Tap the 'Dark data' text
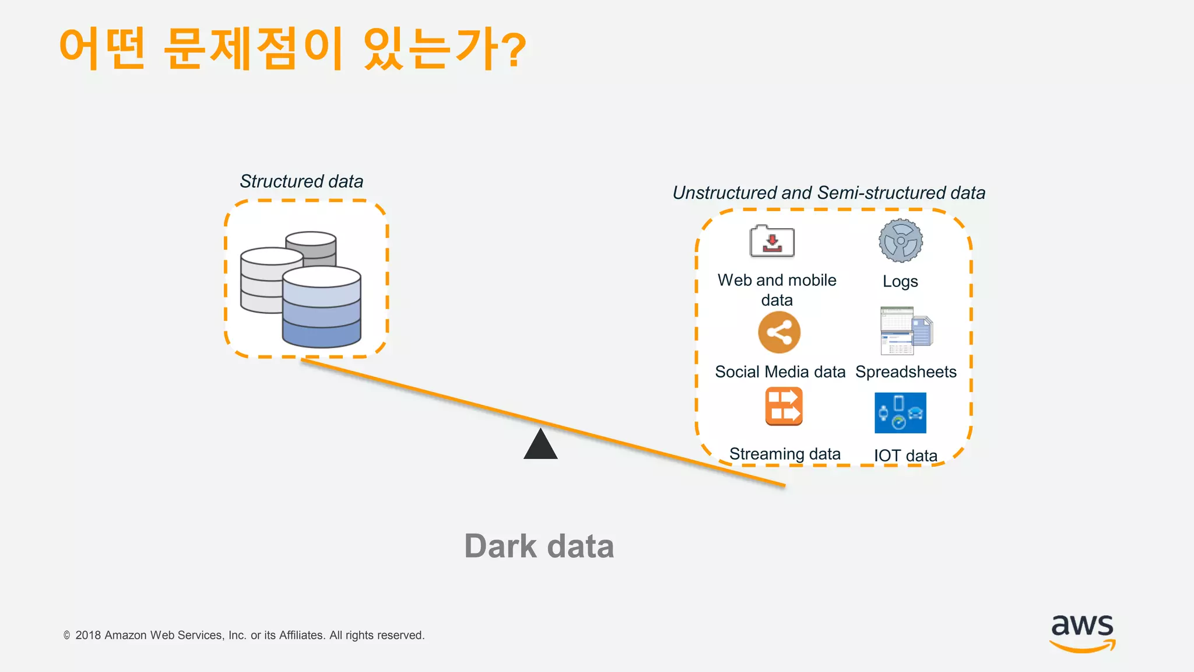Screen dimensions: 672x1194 (539, 547)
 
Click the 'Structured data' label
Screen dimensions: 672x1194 (301, 181)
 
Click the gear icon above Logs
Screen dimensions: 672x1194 (901, 241)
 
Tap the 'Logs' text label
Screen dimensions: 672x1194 (900, 281)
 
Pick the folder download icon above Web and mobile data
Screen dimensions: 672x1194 (772, 242)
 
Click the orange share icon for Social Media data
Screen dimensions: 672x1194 (779, 332)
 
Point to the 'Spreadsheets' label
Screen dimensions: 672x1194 (905, 372)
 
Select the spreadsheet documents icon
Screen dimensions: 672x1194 (905, 331)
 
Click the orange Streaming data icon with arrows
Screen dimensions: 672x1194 (784, 407)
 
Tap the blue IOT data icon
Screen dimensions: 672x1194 (900, 413)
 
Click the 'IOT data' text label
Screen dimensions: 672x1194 (905, 456)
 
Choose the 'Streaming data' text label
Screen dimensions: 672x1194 (785, 454)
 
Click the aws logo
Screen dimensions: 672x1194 (1082, 632)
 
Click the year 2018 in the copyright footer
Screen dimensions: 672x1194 (88, 635)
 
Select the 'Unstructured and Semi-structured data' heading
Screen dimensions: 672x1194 (828, 193)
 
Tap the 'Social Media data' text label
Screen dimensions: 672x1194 (780, 372)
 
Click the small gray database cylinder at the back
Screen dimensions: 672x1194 (311, 243)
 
